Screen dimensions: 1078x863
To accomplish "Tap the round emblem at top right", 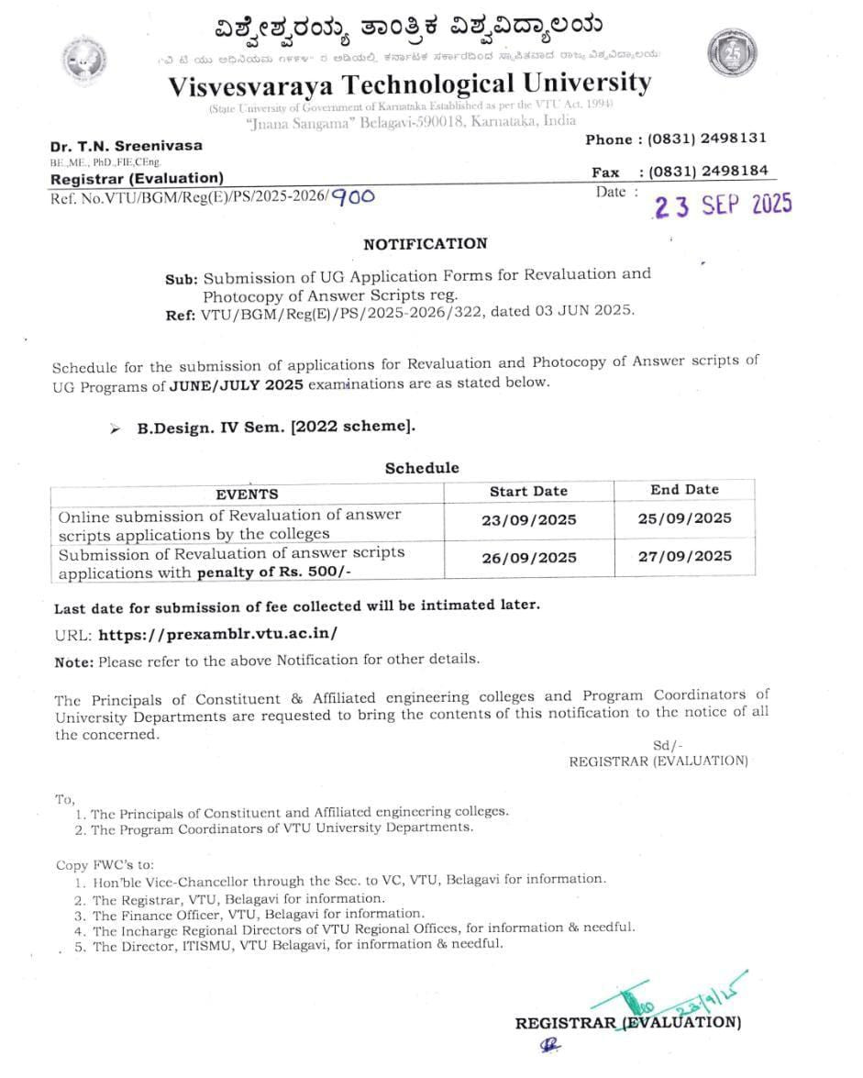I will tap(732, 53).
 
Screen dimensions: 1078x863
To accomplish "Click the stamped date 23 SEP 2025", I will tap(721, 204).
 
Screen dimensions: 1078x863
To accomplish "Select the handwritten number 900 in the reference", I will tap(352, 195).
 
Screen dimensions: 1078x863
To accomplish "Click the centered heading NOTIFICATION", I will tap(426, 244).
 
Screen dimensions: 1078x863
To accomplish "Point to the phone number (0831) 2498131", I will tap(707, 139).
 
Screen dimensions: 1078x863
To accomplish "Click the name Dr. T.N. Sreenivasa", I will tap(127, 146).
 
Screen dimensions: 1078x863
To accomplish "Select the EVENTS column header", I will tap(247, 494).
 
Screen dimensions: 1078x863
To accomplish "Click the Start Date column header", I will tap(528, 491).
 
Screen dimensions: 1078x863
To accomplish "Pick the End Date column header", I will tap(684, 490).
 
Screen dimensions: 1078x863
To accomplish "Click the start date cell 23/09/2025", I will tap(529, 520).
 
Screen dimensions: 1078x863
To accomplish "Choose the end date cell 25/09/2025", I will tap(685, 518).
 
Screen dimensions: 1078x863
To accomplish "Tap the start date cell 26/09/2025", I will tap(529, 558).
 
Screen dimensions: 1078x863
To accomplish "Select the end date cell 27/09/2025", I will tap(685, 556).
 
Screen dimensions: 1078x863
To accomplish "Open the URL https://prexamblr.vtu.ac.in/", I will tap(217, 634).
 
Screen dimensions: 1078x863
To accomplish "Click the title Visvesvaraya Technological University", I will tap(409, 84).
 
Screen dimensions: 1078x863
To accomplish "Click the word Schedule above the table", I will tap(422, 468).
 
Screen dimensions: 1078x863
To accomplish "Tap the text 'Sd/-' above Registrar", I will tap(668, 746).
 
